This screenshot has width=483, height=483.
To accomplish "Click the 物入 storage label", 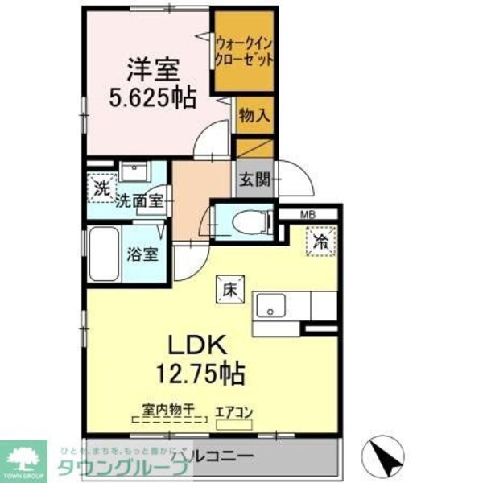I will [254, 115].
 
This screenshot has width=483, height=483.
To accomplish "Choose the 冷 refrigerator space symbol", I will [320, 240].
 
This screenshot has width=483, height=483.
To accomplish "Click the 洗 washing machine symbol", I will [101, 189].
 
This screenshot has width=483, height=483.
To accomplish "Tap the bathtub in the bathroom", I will [104, 254].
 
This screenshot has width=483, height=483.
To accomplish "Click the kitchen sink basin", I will [270, 307].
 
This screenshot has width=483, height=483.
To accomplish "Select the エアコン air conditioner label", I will [234, 413].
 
